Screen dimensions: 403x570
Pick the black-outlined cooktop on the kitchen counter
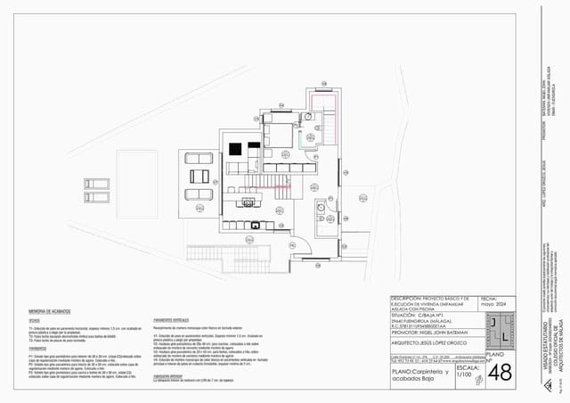point(256,225)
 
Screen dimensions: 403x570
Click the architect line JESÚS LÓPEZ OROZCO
point(431,341)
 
